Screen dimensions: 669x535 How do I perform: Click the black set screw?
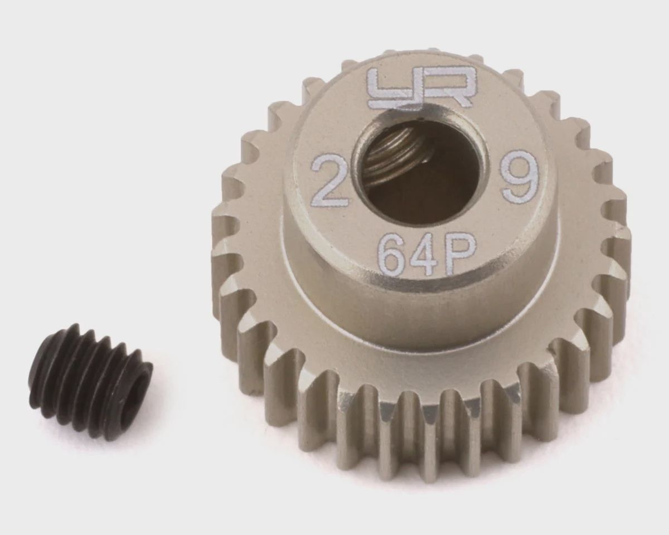(x=90, y=386)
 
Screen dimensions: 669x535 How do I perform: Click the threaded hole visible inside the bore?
(x=401, y=155)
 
